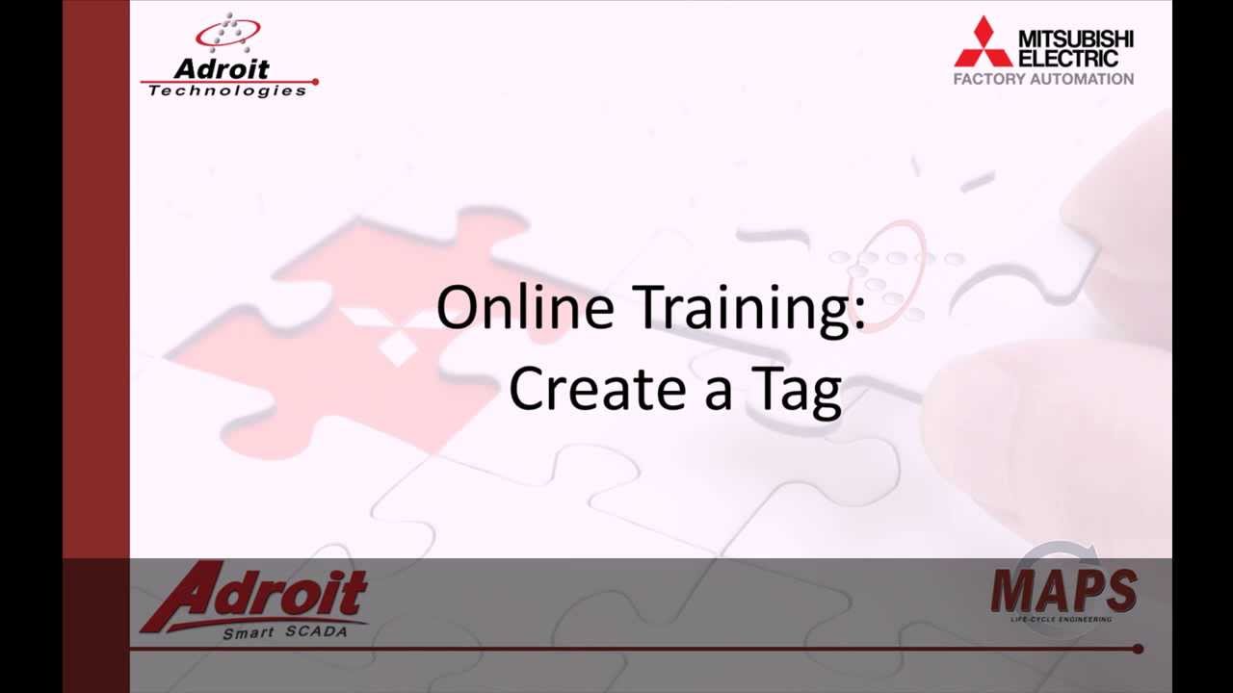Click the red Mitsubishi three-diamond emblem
click(983, 43)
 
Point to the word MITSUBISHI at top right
click(1076, 39)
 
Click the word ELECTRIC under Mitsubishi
click(1069, 58)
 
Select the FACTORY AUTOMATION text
click(1043, 79)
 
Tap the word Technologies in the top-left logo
click(227, 90)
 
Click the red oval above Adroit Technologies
click(227, 35)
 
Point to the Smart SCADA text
click(283, 632)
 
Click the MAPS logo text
click(1063, 591)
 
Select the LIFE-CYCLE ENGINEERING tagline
click(1061, 619)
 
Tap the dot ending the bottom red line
click(1138, 649)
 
